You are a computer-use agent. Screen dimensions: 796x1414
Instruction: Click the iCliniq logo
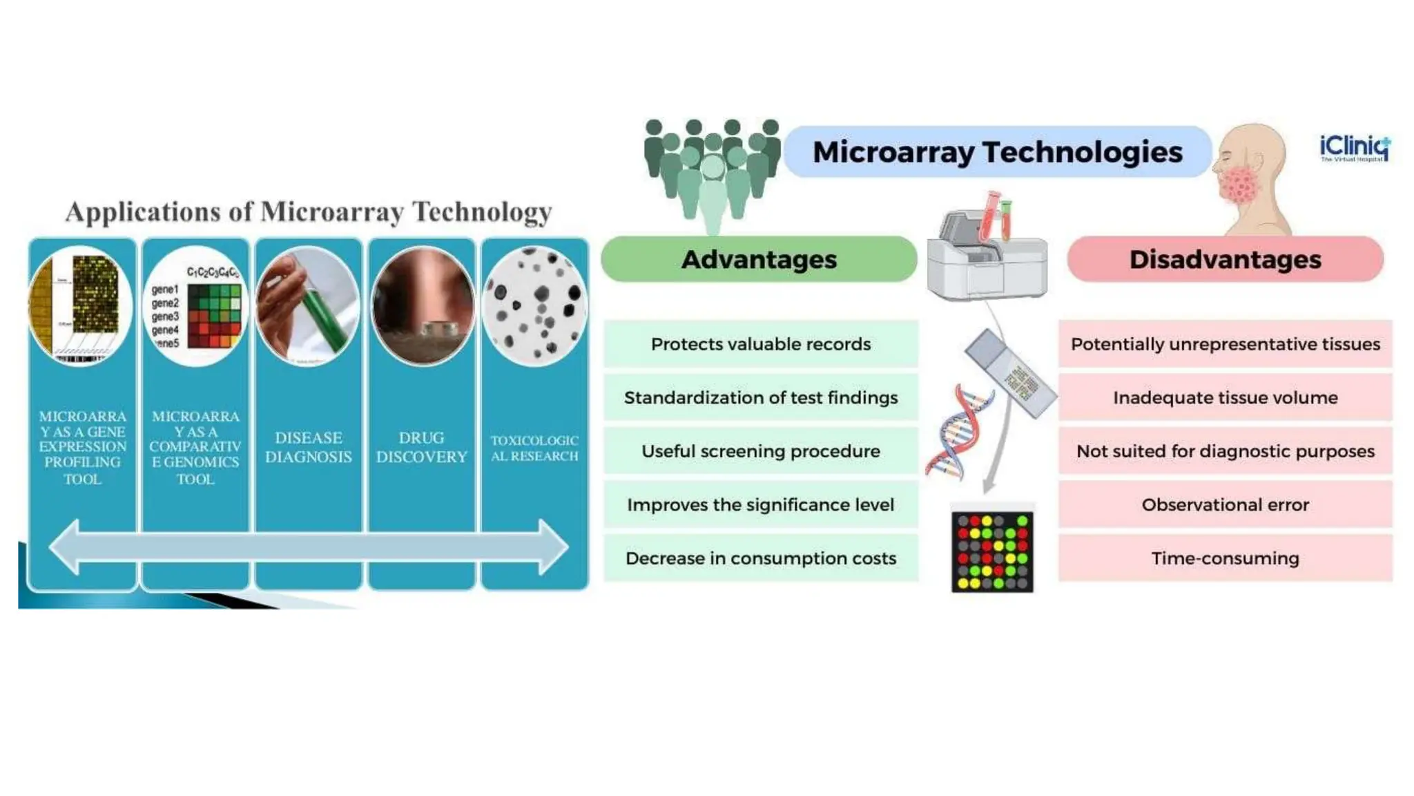tap(1354, 148)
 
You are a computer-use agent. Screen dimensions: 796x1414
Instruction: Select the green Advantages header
tap(759, 259)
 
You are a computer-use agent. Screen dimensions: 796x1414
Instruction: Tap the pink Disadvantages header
tap(1225, 259)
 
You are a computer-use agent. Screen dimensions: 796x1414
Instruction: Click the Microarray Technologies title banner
tap(997, 152)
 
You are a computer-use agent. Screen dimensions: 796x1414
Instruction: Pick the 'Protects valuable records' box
tap(760, 344)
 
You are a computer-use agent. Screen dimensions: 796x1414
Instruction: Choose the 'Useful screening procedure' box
tap(760, 451)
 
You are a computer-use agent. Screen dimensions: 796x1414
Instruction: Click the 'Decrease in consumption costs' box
tap(760, 558)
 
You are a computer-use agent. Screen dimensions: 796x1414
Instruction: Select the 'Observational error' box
tap(1225, 505)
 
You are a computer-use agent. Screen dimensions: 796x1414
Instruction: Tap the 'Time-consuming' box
tap(1225, 558)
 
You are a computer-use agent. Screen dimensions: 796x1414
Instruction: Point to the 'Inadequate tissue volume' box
tap(1225, 398)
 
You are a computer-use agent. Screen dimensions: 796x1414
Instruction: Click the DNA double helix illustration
tap(958, 433)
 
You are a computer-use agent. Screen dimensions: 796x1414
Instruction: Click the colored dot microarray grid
tap(992, 551)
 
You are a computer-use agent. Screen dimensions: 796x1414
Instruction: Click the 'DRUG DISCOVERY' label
tap(421, 447)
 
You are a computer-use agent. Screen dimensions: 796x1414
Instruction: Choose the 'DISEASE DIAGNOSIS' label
tap(308, 447)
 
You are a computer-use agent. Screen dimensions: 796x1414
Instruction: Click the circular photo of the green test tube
tap(308, 306)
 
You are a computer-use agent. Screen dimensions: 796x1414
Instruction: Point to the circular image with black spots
tap(534, 306)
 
